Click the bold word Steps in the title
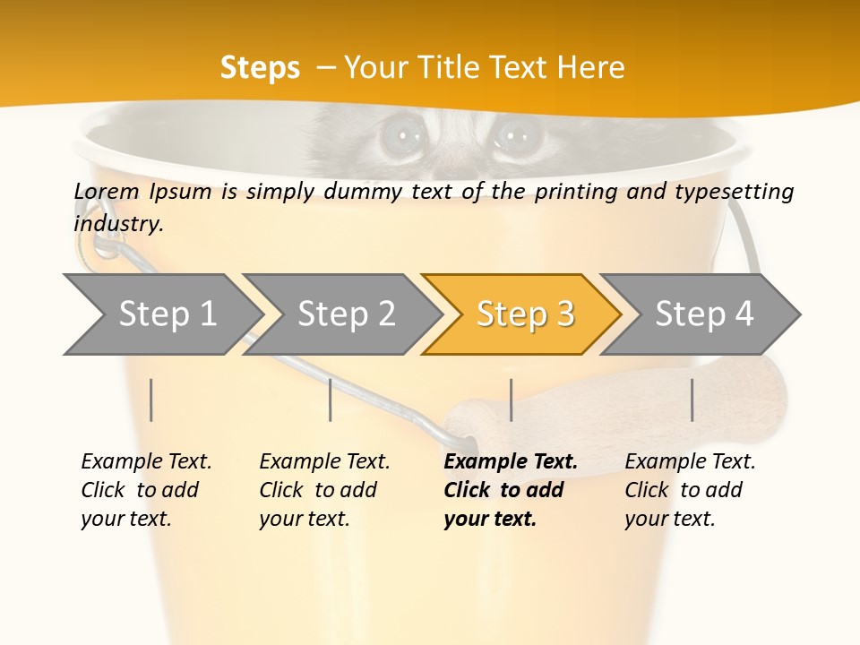[260, 68]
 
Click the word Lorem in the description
[107, 191]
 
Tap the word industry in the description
[118, 223]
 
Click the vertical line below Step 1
[151, 400]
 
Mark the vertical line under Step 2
[331, 400]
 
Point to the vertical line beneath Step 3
[511, 400]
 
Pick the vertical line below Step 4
[692, 400]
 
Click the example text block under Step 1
[145, 490]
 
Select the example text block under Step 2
[323, 490]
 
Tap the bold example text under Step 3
[510, 490]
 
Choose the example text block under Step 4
[689, 490]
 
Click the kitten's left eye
[400, 137]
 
